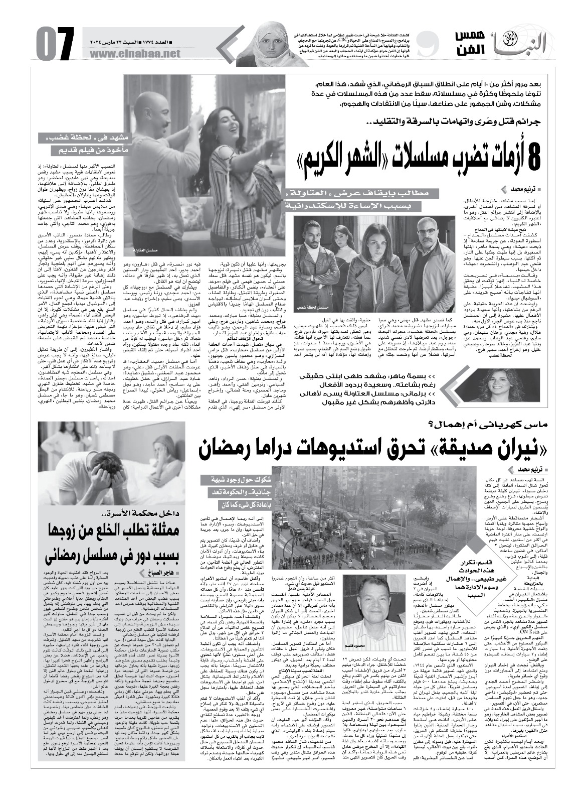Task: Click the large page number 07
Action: (52, 41)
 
